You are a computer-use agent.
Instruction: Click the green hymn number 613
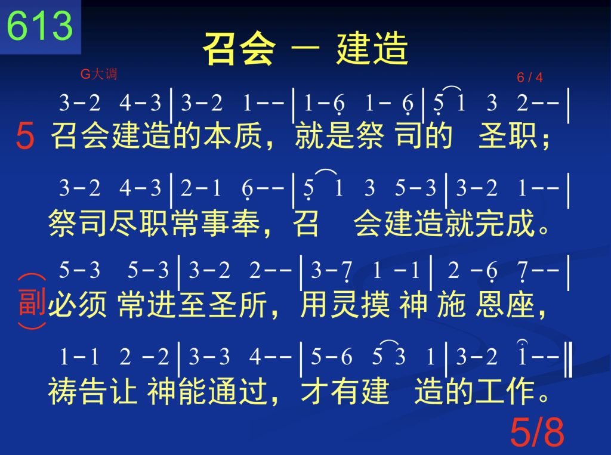(x=40, y=25)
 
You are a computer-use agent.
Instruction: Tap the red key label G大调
(x=98, y=73)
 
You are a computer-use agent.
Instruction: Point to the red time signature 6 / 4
(x=530, y=77)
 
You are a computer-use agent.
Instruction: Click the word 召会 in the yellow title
(x=239, y=48)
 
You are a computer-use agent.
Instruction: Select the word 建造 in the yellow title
(x=372, y=48)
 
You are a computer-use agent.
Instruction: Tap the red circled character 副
(x=32, y=302)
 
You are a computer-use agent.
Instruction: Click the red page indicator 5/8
(x=537, y=432)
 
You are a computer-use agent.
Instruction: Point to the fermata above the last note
(x=521, y=343)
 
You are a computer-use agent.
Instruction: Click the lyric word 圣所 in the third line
(x=238, y=304)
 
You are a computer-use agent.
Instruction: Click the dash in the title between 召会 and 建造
(x=305, y=49)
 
